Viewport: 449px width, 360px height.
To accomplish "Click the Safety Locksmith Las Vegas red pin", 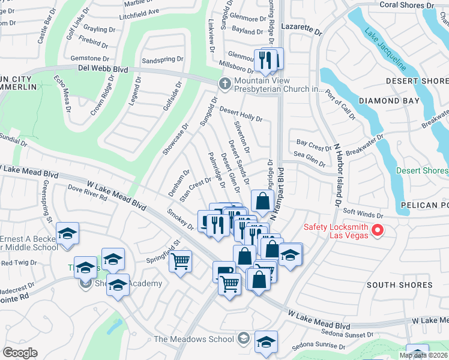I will click(378, 230).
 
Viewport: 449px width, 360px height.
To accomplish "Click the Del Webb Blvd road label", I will click(103, 70).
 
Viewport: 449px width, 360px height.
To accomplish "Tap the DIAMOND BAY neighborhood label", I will click(389, 101).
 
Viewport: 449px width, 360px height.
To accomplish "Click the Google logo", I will click(20, 353).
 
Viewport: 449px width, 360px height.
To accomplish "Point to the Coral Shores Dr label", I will click(407, 5).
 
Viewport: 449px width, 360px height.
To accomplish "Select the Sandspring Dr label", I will click(163, 60).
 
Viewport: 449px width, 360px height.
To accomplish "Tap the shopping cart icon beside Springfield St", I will click(180, 261).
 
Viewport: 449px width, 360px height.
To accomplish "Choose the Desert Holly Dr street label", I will click(241, 113).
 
